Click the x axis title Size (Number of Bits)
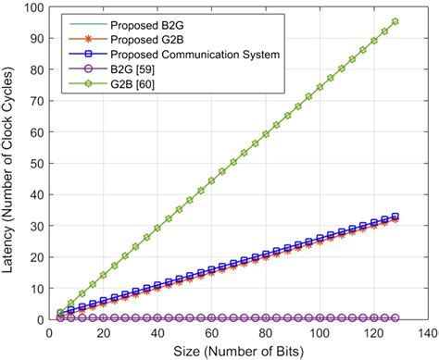(x=238, y=351)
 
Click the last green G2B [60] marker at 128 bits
(x=395, y=21)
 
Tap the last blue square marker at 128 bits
(x=395, y=217)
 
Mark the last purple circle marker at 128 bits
(x=395, y=317)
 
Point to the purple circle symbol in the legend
(x=87, y=69)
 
